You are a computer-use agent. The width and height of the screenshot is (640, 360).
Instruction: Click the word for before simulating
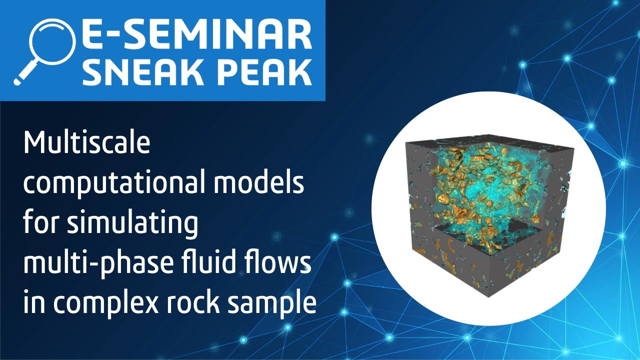click(39, 223)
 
